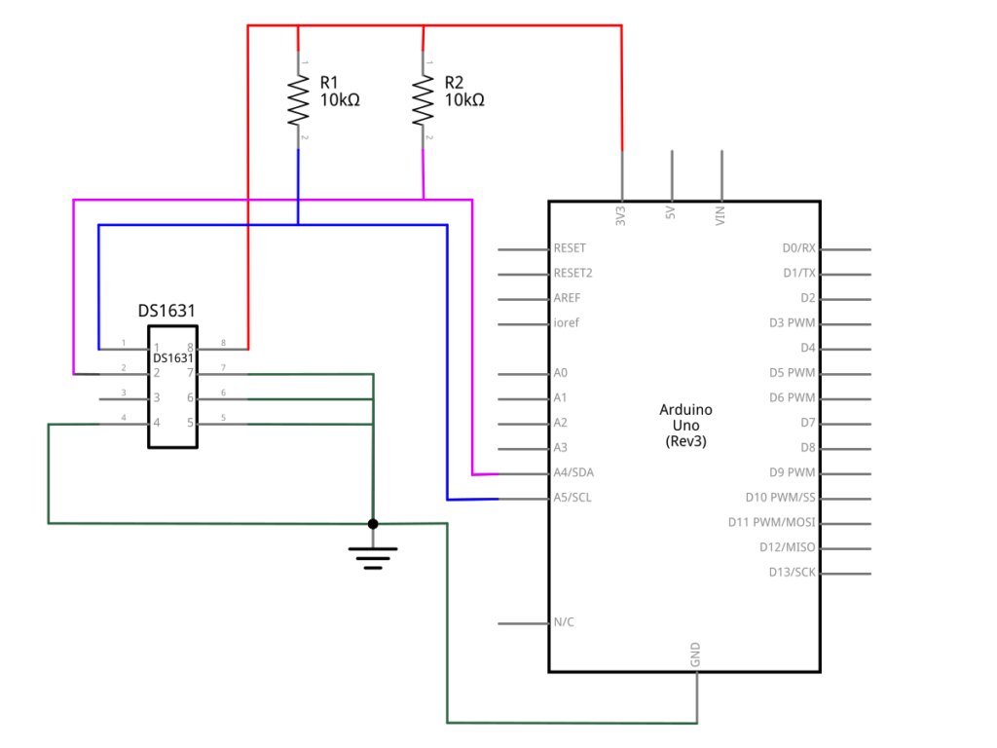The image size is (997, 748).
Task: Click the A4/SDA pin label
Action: [x=573, y=472]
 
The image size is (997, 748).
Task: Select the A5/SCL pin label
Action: [x=573, y=498]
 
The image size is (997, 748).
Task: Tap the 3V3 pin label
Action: [x=621, y=216]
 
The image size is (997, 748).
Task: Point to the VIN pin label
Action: [x=720, y=216]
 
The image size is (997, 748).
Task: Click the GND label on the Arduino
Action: [x=695, y=654]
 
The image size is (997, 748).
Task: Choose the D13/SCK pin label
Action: [x=792, y=572]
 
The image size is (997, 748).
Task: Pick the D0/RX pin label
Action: [x=798, y=248]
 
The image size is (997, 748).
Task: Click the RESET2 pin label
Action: [x=572, y=273]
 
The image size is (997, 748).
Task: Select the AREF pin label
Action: [x=567, y=298]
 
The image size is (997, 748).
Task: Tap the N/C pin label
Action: [x=563, y=621]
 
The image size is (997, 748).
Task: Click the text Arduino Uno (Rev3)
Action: [x=685, y=425]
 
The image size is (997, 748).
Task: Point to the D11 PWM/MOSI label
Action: [x=771, y=522]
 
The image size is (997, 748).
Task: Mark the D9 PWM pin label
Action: [x=792, y=472]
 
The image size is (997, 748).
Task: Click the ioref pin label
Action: [x=566, y=322]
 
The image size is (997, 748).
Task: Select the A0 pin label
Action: [x=560, y=373]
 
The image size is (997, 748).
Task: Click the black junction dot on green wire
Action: [x=373, y=524]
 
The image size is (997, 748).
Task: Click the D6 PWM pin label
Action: [x=792, y=397]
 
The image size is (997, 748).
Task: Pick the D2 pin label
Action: [x=807, y=298]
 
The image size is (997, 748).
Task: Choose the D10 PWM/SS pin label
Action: [x=780, y=498]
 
